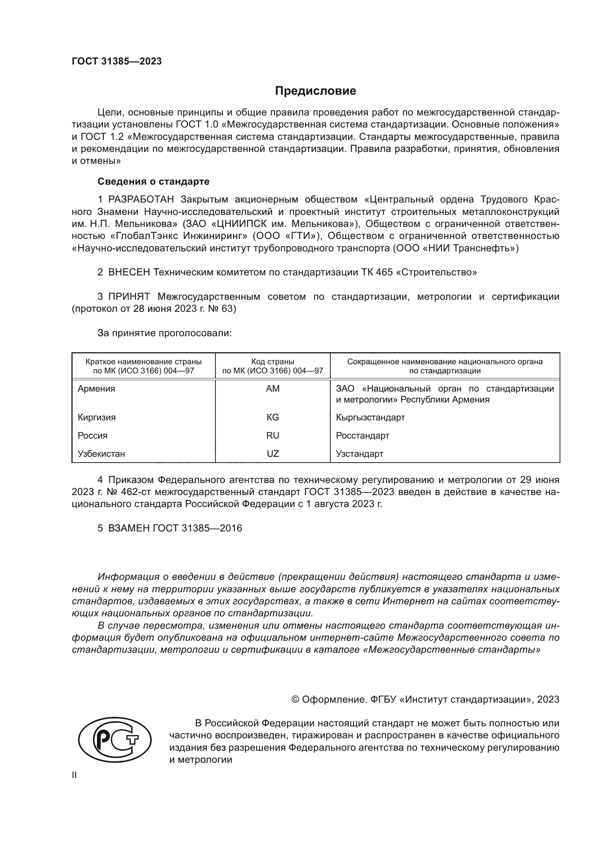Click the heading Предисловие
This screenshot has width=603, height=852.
pyautogui.click(x=315, y=91)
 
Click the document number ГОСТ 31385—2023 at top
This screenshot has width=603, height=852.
pyautogui.click(x=117, y=62)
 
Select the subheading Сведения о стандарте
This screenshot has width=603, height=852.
pyautogui.click(x=153, y=181)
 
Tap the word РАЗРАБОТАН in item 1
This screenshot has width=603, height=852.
pyautogui.click(x=141, y=200)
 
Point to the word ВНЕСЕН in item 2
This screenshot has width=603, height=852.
pyautogui.click(x=129, y=272)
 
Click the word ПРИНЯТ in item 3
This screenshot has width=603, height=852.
pyautogui.click(x=129, y=297)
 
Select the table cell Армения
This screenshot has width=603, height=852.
pyautogui.click(x=97, y=389)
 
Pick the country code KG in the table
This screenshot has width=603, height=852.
pyautogui.click(x=273, y=417)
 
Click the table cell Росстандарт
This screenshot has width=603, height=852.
pyautogui.click(x=362, y=436)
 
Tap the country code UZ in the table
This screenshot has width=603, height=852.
pyautogui.click(x=273, y=454)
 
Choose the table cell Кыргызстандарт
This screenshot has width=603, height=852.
pyautogui.click(x=370, y=417)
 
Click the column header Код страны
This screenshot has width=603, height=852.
pyautogui.click(x=273, y=362)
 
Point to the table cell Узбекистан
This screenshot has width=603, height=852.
pyautogui.click(x=101, y=454)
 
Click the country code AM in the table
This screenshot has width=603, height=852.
pyautogui.click(x=273, y=389)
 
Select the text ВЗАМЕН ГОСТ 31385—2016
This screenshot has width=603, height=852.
pyautogui.click(x=175, y=529)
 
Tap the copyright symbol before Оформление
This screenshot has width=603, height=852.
pyautogui.click(x=296, y=699)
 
